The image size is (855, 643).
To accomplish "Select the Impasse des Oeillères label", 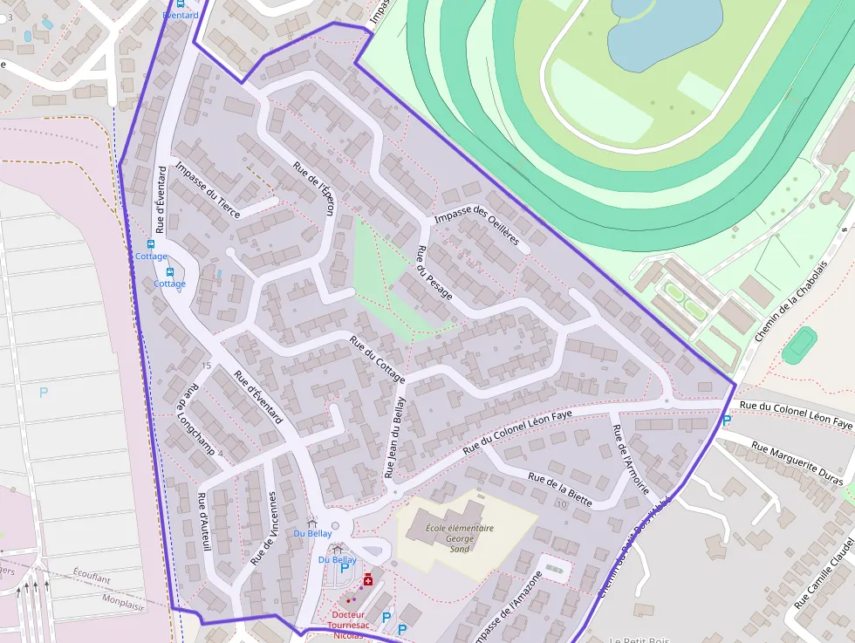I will (476, 226).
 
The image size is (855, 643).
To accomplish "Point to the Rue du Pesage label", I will (434, 272).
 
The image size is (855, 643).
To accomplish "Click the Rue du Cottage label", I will (377, 359).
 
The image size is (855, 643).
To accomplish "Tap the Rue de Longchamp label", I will (195, 420).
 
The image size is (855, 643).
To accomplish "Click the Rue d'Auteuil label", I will (204, 522).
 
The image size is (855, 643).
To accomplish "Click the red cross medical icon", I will (368, 579).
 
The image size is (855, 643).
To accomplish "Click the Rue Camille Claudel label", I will (824, 566).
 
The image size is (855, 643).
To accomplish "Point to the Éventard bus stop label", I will (181, 15).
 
